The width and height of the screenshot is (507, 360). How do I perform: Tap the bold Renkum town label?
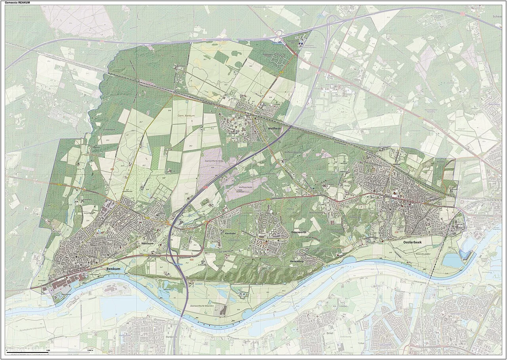pos(113,269)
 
